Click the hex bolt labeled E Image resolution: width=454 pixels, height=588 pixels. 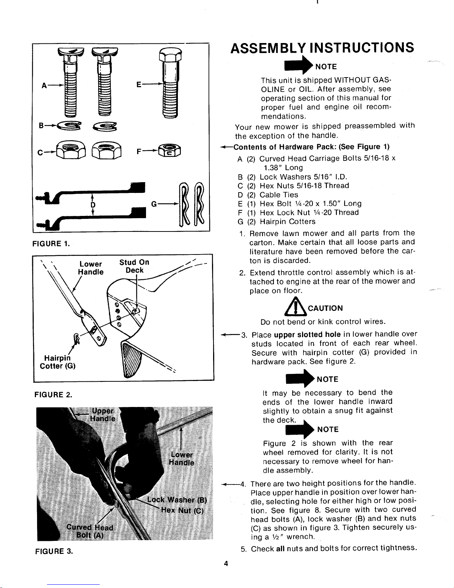pyautogui.click(x=170, y=82)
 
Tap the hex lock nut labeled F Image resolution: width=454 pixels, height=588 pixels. pyautogui.click(x=169, y=151)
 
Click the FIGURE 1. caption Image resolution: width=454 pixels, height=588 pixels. pyautogui.click(x=51, y=243)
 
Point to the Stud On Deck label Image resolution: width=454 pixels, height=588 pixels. pyautogui.click(x=134, y=266)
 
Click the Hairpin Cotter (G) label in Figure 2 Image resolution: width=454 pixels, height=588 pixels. pyautogui.click(x=57, y=362)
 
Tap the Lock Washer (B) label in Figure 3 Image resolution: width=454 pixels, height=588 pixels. pyautogui.click(x=177, y=499)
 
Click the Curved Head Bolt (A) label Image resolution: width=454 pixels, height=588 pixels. pyautogui.click(x=90, y=531)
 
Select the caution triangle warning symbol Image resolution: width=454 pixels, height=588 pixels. pyautogui.click(x=296, y=307)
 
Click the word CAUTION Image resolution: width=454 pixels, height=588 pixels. pyautogui.click(x=325, y=308)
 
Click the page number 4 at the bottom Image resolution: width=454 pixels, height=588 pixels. pyautogui.click(x=226, y=564)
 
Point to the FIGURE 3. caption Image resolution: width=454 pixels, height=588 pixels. pyautogui.click(x=54, y=551)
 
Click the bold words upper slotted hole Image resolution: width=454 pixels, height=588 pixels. pyautogui.click(x=307, y=335)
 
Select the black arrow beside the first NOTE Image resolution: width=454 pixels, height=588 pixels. pyautogui.click(x=299, y=65)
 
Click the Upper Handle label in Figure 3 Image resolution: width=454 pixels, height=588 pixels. pyautogui.click(x=103, y=414)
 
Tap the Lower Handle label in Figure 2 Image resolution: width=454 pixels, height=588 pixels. pyautogui.click(x=91, y=268)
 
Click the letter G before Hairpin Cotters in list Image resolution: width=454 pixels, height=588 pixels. pyautogui.click(x=241, y=222)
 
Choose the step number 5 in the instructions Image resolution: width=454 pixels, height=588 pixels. pyautogui.click(x=243, y=549)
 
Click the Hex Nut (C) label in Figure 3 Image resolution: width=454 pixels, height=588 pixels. pyautogui.click(x=182, y=510)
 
